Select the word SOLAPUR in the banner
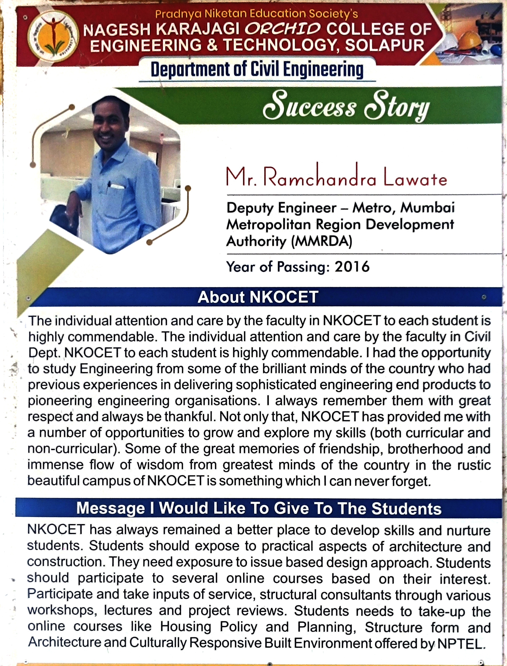[x=385, y=46]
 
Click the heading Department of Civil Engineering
[x=257, y=70]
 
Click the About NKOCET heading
[x=258, y=297]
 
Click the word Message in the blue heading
[x=110, y=508]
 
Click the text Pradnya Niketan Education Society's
[x=257, y=14]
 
